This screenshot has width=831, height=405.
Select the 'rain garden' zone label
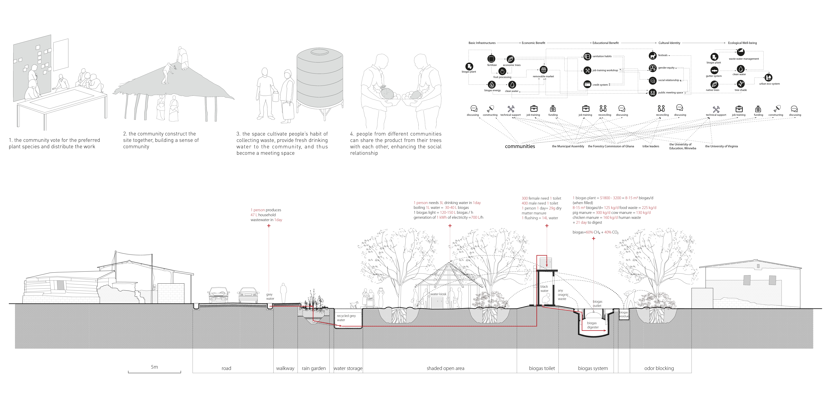pos(314,368)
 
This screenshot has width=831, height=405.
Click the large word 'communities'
pos(520,146)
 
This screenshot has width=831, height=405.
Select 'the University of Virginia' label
pos(721,146)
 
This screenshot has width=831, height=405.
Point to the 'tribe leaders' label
pos(651,146)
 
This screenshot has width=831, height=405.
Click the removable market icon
pos(544,70)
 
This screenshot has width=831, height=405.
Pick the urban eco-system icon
pos(768,77)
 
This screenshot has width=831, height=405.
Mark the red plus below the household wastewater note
pos(269,226)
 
